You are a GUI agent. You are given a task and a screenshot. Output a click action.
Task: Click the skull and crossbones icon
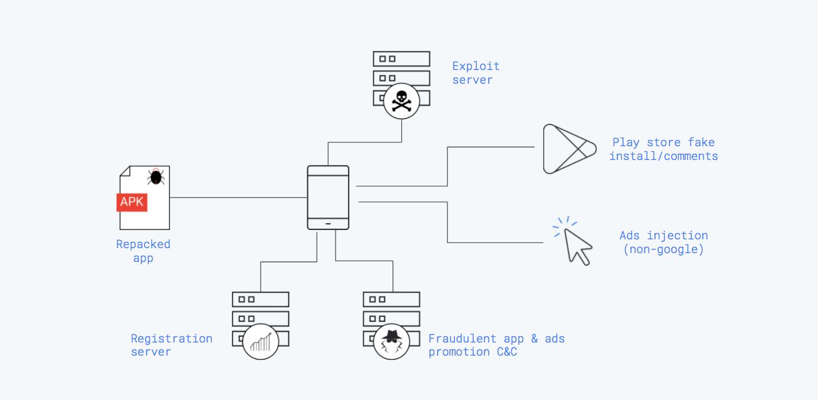(x=401, y=100)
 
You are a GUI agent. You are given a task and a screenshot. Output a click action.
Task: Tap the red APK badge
(x=132, y=202)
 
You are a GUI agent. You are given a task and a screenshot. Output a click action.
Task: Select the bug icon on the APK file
(x=156, y=177)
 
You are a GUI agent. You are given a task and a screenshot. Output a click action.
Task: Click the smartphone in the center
(x=328, y=197)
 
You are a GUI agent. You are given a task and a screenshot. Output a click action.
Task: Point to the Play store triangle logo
(x=565, y=148)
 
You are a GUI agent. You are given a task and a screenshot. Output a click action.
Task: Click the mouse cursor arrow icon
(x=577, y=246)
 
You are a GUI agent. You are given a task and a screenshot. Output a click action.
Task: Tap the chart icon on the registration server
(x=261, y=341)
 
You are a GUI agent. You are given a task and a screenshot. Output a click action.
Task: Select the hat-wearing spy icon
(x=391, y=341)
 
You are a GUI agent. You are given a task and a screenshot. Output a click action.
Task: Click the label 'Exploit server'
(x=476, y=72)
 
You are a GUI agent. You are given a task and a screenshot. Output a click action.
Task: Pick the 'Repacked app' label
(x=143, y=251)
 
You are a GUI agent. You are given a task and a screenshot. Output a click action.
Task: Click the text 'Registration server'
(x=171, y=345)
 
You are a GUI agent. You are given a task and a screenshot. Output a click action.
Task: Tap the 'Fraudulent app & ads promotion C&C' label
(x=496, y=345)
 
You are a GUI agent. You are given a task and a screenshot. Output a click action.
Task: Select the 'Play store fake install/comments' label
(x=663, y=149)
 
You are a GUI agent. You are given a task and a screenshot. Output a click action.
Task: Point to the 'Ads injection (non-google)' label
(x=664, y=242)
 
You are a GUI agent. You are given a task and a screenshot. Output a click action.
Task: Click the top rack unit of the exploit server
(x=401, y=59)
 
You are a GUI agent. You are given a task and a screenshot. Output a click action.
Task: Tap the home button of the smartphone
(x=328, y=223)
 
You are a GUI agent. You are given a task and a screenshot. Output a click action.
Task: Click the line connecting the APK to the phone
(x=237, y=197)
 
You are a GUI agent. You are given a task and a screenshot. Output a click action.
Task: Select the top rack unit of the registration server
(x=261, y=299)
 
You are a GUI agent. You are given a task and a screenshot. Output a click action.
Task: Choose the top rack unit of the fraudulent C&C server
(x=391, y=299)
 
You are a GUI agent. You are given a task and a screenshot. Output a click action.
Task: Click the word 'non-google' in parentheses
(x=664, y=249)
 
